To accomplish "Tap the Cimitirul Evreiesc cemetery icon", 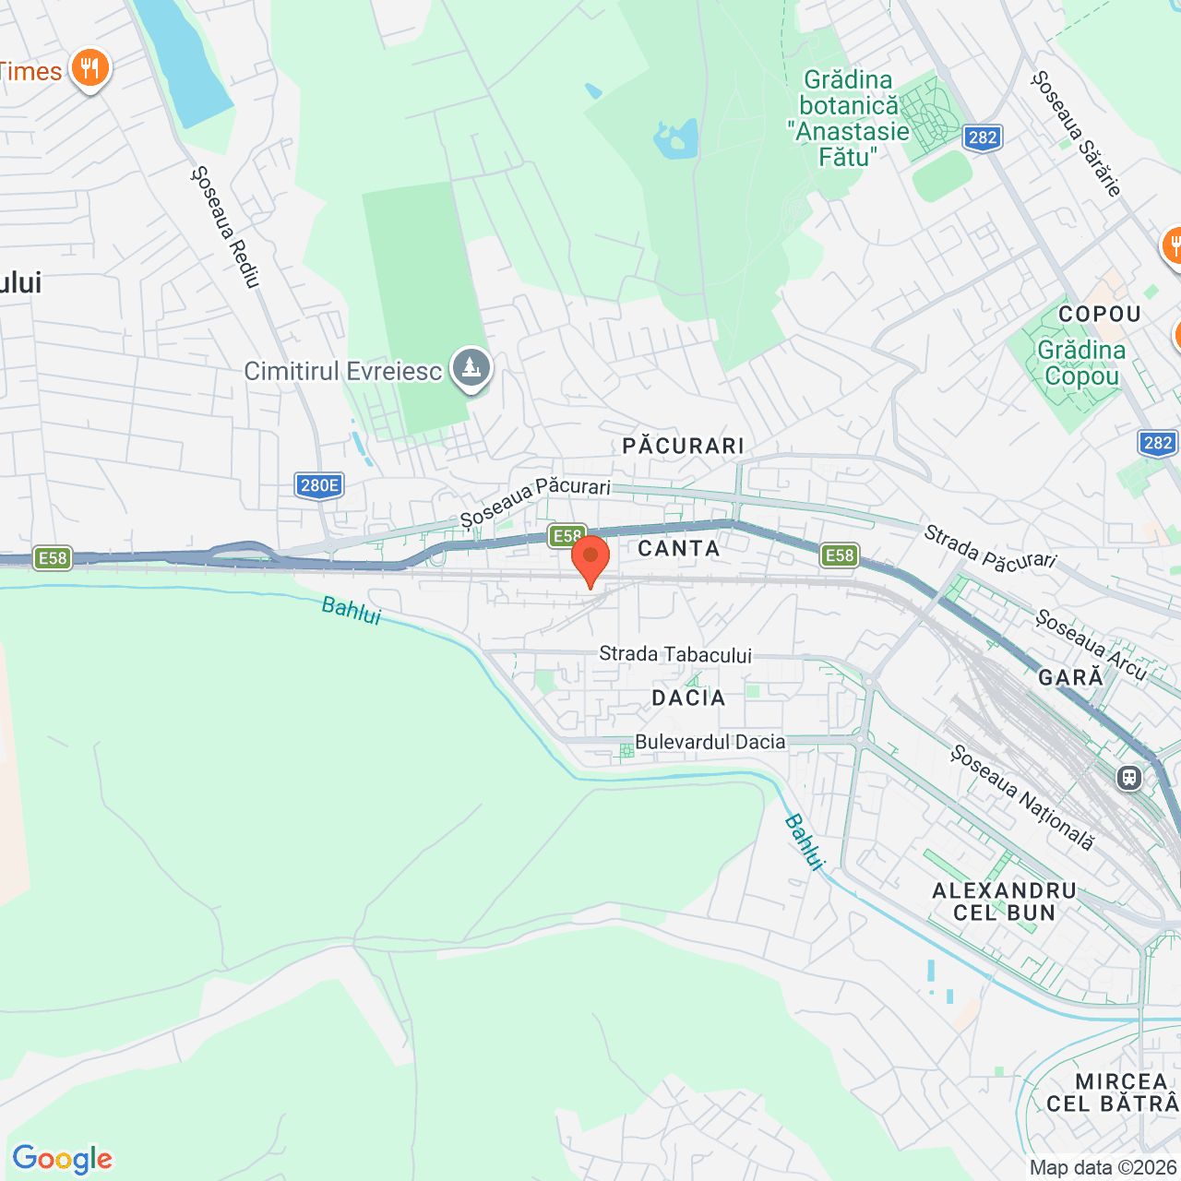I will pos(471,368).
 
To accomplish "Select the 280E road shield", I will pos(320,485).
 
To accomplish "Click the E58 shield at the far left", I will pos(53,557).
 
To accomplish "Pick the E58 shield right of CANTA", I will pos(839,555).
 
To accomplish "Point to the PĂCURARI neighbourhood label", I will pos(683,447).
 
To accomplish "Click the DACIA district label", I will pos(688,698).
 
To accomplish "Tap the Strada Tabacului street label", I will pos(675,654).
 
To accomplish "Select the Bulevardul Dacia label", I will pos(710,742).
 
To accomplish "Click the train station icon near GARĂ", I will pos(1128,777).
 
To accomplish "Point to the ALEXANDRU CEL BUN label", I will pos(1004,901).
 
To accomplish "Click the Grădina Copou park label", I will pos(1081,363).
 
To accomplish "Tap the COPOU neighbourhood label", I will pos(1100,315).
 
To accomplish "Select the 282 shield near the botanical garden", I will pos(983,137).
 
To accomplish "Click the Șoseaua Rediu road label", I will pos(226,226).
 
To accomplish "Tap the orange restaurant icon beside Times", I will pos(89,68).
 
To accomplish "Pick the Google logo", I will pos(62,1159).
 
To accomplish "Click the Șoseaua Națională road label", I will pos(1022,798).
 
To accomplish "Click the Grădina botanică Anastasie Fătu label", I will pos(848,118).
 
